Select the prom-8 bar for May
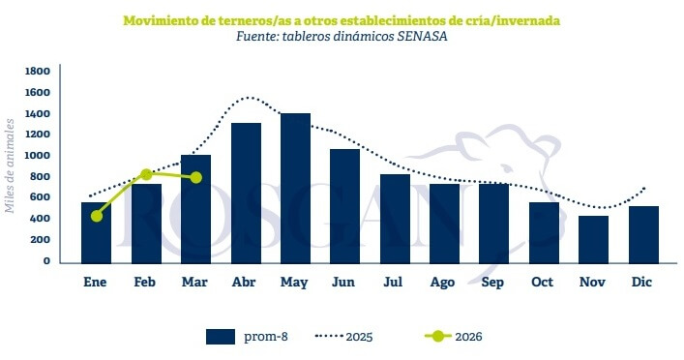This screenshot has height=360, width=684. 295,188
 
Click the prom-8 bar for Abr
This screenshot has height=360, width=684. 246,193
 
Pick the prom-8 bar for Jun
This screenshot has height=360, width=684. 344,205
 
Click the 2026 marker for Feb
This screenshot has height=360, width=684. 146,174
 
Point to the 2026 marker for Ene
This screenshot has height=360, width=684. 97,216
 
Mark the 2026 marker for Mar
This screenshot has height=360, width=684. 196,177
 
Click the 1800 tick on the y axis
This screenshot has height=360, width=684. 38,72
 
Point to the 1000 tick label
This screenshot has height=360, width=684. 38,156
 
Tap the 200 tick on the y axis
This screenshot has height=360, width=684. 42,240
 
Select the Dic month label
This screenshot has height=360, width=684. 641,282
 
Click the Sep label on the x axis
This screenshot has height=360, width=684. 493,282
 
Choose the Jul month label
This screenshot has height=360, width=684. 394,282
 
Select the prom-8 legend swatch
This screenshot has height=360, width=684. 221,337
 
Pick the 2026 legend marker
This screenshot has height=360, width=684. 439,337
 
